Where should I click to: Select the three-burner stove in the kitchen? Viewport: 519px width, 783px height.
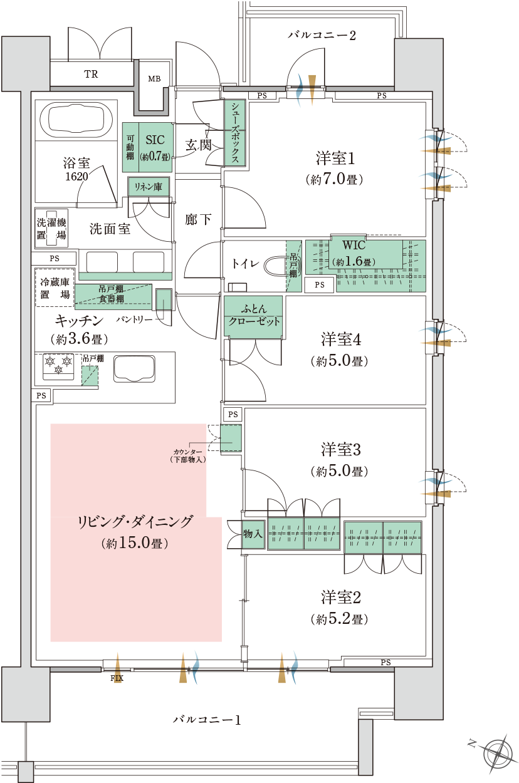click(x=58, y=366)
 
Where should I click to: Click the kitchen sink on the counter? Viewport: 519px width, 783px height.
click(x=134, y=368)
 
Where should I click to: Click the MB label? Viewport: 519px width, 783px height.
click(x=154, y=79)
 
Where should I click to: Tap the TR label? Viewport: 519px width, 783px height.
click(x=91, y=74)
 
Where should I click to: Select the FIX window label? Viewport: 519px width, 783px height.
click(x=117, y=678)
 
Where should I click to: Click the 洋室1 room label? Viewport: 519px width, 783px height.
click(x=335, y=158)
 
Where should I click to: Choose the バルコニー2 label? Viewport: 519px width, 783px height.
click(x=322, y=35)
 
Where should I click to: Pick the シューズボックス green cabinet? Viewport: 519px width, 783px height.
click(x=235, y=132)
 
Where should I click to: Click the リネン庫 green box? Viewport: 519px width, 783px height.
click(x=149, y=187)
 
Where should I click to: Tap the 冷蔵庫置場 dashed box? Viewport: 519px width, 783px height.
click(x=55, y=288)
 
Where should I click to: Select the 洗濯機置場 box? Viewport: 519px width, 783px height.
click(x=51, y=228)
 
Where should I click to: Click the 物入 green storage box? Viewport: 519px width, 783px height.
click(x=253, y=534)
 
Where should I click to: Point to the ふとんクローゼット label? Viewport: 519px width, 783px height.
click(x=254, y=315)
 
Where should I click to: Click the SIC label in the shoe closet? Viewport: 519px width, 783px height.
click(x=155, y=140)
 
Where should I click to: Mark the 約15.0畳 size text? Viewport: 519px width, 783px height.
click(x=135, y=543)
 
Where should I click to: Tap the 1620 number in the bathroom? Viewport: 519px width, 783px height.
click(x=76, y=176)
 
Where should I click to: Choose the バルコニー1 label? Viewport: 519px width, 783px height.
click(x=207, y=720)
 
